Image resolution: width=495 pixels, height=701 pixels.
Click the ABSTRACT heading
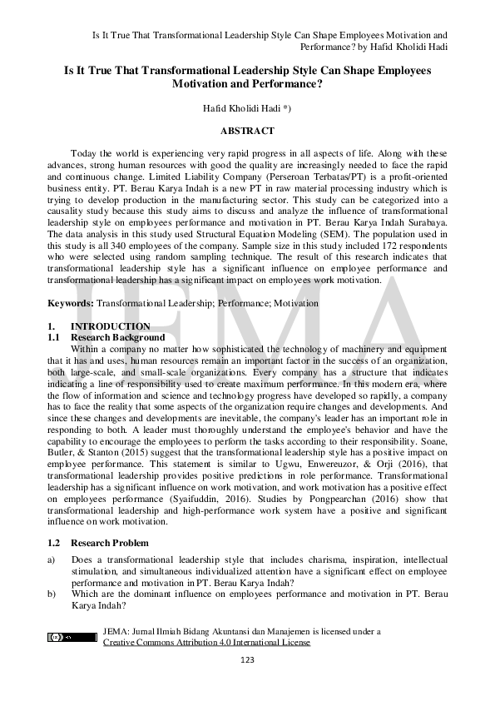tap(247, 132)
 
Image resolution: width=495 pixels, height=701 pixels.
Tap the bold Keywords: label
tap(70, 304)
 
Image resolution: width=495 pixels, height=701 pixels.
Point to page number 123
tap(246, 660)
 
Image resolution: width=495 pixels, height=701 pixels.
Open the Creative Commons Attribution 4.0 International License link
tap(206, 643)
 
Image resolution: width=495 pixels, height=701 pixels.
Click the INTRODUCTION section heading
tap(110, 326)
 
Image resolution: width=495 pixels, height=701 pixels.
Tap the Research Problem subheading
tap(110, 543)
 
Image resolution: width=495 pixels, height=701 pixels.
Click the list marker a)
tap(52, 560)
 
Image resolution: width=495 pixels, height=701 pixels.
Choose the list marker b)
tap(52, 594)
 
